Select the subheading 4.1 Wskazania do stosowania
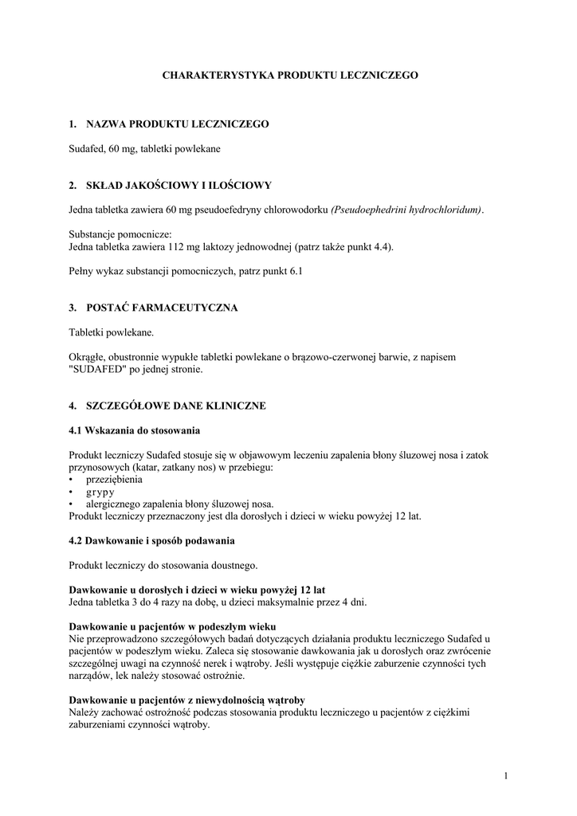(134, 430)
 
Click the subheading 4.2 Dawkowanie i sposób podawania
(151, 541)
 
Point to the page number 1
(506, 775)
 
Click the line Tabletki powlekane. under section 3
(112, 332)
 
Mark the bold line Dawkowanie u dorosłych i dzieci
(197, 590)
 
